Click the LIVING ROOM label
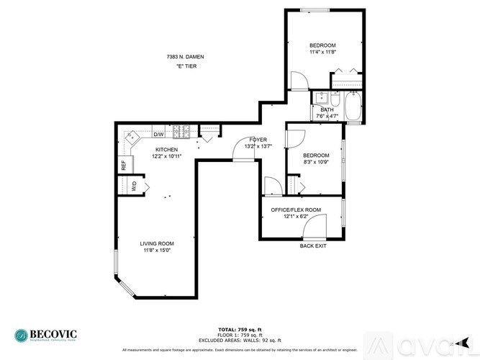coord(156,243)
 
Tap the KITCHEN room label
coord(166,150)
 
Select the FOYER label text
coord(258,140)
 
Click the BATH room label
coord(327,110)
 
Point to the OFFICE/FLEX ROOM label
coord(295,210)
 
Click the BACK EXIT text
coord(313,246)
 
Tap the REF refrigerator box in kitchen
coord(124,164)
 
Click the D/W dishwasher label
coord(158,134)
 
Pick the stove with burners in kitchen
coord(183,133)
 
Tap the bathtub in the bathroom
coord(353,108)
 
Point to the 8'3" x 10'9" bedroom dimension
coord(316,163)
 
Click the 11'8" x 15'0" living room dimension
coord(156,251)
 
